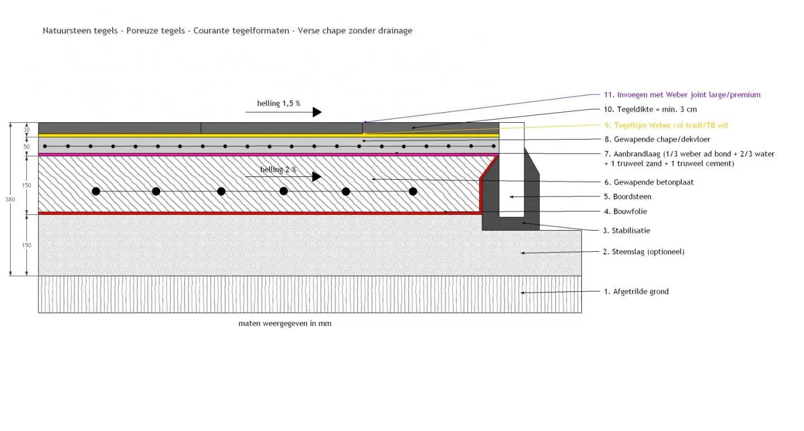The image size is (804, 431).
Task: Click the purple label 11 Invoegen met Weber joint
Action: coord(682,95)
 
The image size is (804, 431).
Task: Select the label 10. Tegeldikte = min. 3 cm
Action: coord(650,109)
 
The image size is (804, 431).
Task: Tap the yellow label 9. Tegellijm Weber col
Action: coord(666,125)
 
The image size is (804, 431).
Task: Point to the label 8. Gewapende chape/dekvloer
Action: coord(657,140)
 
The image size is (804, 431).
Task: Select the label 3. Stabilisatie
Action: coord(626,231)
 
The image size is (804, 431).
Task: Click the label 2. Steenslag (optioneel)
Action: coord(643,252)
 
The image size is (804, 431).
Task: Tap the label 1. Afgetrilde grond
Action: coord(636,291)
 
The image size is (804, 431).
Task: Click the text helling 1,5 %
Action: coord(279,103)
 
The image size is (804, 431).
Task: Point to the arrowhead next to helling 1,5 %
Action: coord(317,112)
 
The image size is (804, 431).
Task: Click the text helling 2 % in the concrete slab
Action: coord(279,170)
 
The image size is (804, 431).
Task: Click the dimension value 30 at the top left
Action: coord(27,130)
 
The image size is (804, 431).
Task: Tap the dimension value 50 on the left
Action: coord(27,147)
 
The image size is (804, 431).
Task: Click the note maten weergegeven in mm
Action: coord(285,323)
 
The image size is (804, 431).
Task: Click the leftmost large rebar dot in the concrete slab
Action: coord(96,191)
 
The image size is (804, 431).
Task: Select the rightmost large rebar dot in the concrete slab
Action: coord(413,191)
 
